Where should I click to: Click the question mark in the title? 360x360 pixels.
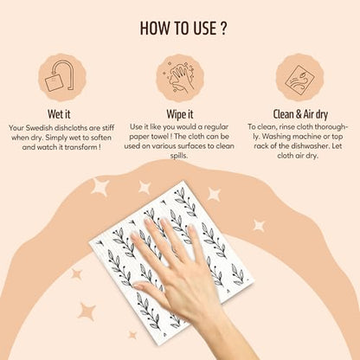coord(222,29)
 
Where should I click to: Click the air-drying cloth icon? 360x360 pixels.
coord(299,77)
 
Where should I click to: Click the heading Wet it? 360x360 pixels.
coord(59,114)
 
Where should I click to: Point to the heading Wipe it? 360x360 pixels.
coord(180,114)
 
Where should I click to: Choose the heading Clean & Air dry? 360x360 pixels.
coord(300,114)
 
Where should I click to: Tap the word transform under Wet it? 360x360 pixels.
coord(80,147)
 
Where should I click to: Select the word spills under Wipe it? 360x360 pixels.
coord(179,156)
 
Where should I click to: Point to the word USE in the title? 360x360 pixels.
coord(201,29)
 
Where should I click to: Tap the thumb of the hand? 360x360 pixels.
coord(151,292)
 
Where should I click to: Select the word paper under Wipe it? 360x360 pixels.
coord(138,137)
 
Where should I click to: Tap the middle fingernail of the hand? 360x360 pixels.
coord(166,223)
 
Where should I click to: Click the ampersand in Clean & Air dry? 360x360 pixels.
coord(299,114)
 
